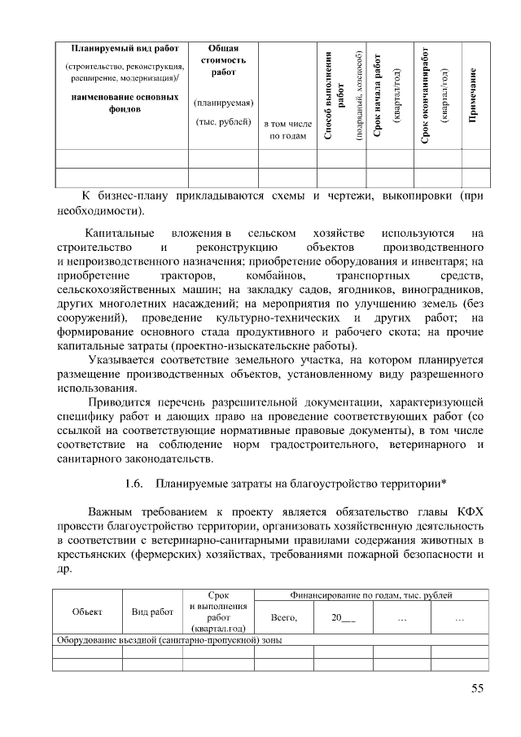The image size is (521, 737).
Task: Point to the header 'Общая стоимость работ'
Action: [x=223, y=60]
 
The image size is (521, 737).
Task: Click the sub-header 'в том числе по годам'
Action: [x=287, y=129]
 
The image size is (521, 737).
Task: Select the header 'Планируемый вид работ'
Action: [x=125, y=47]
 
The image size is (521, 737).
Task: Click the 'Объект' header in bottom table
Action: [x=87, y=611]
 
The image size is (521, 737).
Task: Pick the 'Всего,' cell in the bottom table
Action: [x=284, y=618]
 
